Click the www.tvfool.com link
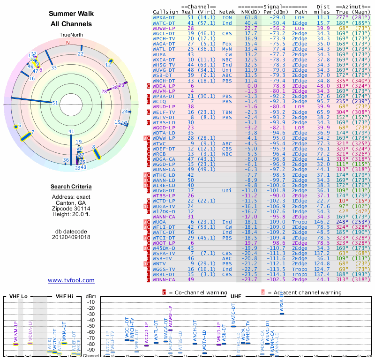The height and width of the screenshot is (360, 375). [x=71, y=280]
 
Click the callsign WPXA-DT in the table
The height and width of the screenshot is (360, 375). [x=164, y=17]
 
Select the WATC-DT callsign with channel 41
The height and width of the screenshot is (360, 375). [x=164, y=22]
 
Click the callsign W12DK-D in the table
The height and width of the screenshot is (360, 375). [x=164, y=211]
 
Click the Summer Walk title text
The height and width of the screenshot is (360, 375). [x=71, y=14]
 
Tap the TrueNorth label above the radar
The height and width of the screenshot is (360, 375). [x=71, y=35]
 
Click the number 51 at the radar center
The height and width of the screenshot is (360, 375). [x=55, y=103]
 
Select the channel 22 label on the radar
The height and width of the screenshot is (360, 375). [x=81, y=54]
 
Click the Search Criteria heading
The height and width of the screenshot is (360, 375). [x=71, y=187]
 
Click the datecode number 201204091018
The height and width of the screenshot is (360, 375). [x=71, y=237]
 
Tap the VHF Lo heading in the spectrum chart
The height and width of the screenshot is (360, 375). [x=19, y=296]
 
